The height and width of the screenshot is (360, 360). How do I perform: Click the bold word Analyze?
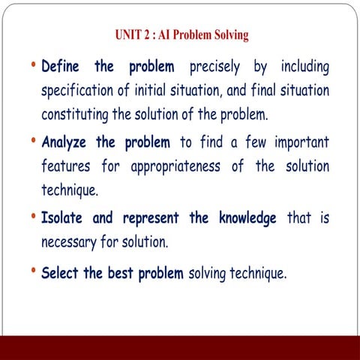[67, 142]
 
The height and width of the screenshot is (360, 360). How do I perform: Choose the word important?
[296, 142]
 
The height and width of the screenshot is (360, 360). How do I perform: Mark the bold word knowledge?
[244, 218]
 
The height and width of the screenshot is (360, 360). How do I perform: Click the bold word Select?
[61, 273]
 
